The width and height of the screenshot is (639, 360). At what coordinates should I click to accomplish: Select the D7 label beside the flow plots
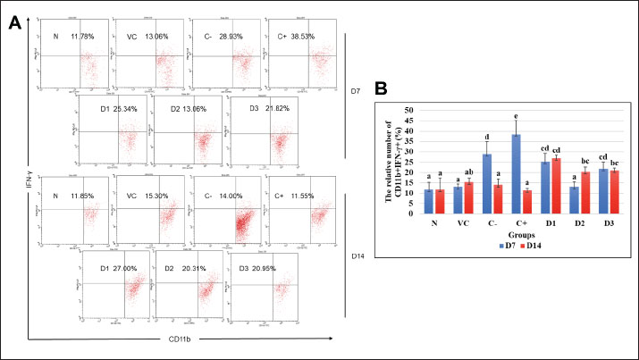[x=354, y=91]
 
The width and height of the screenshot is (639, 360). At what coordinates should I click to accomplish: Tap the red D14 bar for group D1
[x=555, y=186]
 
